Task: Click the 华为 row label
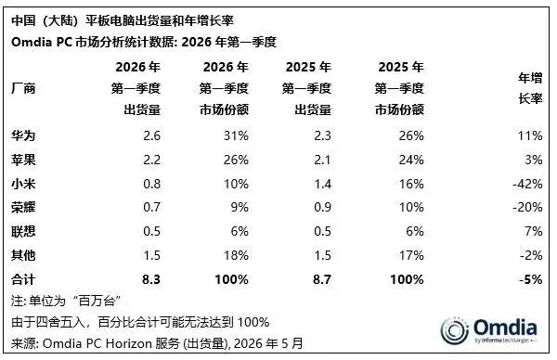[x=23, y=135]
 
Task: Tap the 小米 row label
[x=23, y=184]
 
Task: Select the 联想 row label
[x=23, y=231]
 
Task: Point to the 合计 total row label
[x=23, y=279]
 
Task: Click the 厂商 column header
[x=23, y=88]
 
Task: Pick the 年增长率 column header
[x=530, y=88]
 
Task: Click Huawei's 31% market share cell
[x=236, y=135]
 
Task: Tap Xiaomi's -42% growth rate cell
[x=527, y=184]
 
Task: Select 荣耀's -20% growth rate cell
[x=527, y=207]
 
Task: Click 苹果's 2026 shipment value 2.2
[x=151, y=160]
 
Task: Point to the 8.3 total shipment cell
[x=151, y=279]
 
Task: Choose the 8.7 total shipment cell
[x=322, y=279]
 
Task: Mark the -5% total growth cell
[x=531, y=279]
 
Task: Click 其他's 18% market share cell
[x=236, y=255]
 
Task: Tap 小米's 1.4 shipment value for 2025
[x=322, y=184]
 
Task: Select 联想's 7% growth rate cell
[x=534, y=231]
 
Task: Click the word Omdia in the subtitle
[x=32, y=42]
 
